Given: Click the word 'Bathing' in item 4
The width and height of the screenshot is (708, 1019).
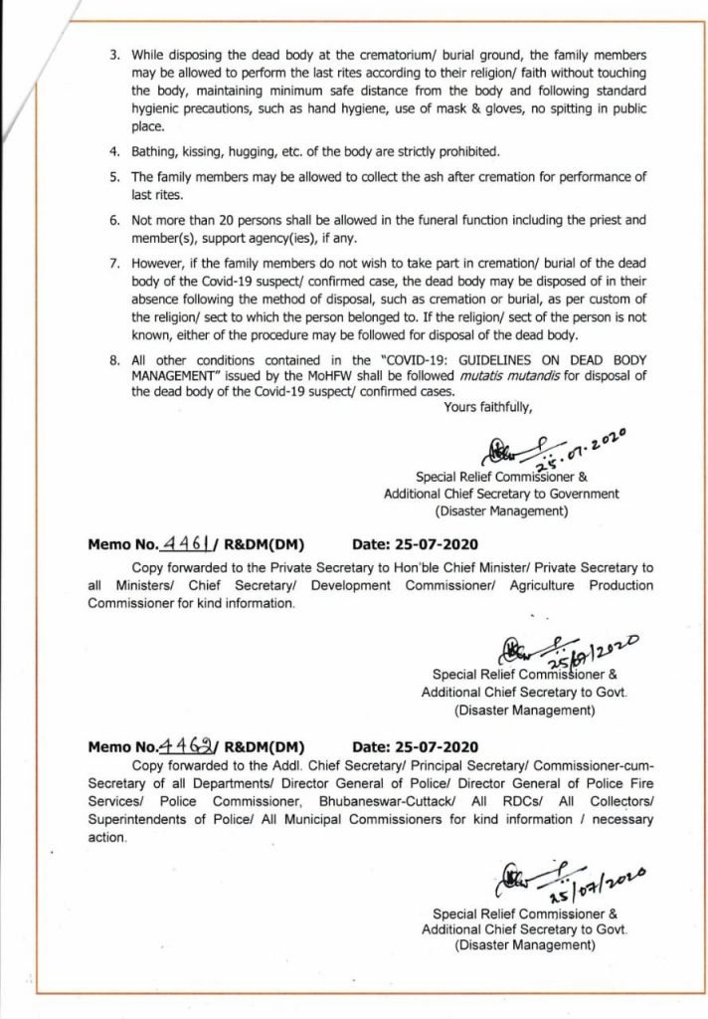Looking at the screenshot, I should point(152,151).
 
